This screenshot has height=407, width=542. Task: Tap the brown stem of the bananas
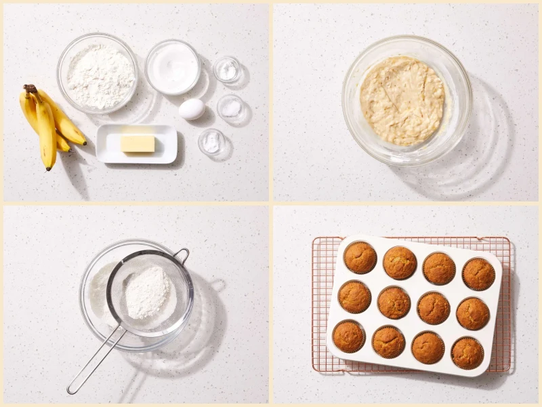click(30, 89)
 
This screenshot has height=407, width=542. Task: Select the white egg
click(192, 109)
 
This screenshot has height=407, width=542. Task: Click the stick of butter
click(138, 143)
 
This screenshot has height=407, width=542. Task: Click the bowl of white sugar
click(172, 66)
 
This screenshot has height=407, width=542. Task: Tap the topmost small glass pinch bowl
click(226, 69)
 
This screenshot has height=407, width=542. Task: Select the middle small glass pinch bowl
click(230, 107)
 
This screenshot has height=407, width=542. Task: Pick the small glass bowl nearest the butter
click(211, 141)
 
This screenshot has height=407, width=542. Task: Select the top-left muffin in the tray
click(360, 257)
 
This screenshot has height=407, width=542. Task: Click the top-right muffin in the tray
click(478, 273)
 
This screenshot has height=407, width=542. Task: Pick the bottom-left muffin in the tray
click(349, 336)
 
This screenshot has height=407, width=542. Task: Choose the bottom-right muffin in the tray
click(467, 353)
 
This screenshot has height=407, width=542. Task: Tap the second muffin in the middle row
click(394, 303)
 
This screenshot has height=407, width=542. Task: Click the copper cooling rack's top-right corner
click(507, 239)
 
